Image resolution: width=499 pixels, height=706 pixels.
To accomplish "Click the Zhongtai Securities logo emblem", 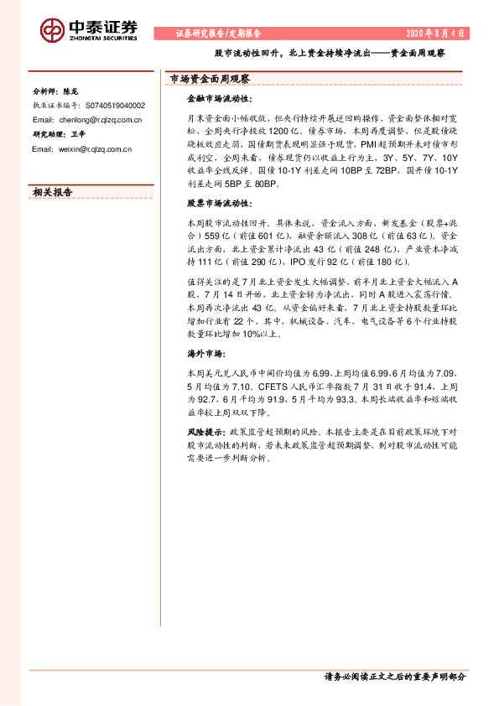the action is click(53, 30).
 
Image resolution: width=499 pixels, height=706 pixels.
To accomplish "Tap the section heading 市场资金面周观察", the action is click(211, 79).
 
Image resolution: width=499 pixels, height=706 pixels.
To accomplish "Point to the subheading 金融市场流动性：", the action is click(216, 98).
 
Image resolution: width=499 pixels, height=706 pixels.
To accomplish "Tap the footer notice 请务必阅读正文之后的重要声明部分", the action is click(393, 676).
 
